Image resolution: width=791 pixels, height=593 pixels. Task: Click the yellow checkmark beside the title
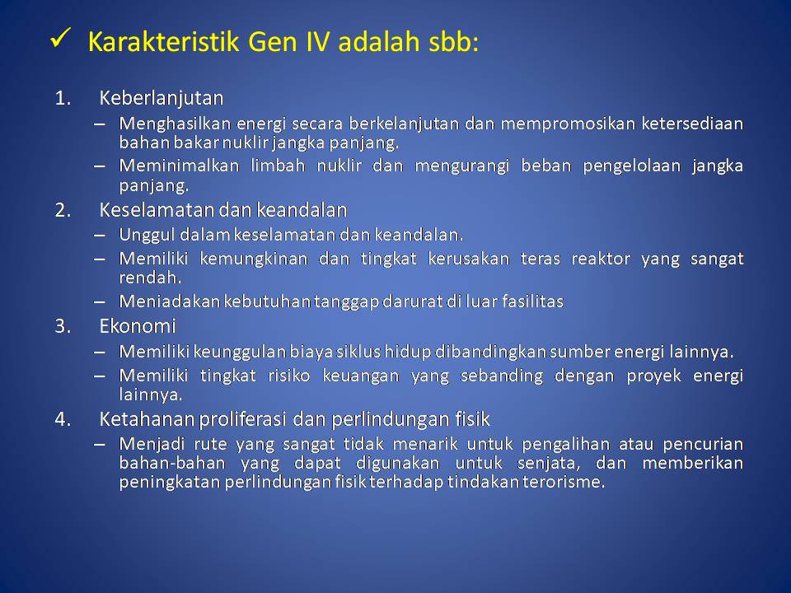[x=60, y=39]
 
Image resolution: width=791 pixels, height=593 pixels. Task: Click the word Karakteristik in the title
[x=163, y=41]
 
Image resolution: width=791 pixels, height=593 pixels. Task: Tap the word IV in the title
[x=317, y=41]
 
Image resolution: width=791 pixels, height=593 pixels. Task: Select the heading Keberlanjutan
[x=161, y=98]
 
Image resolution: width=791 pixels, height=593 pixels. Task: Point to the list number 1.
[x=62, y=98]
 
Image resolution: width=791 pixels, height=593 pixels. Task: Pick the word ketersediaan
[x=692, y=123]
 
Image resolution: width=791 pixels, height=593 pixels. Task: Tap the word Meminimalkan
[x=179, y=166]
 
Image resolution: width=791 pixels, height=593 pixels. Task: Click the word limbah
[x=278, y=166]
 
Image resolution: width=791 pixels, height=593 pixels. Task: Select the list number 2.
[x=63, y=210]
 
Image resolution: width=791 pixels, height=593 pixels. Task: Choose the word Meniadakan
[x=170, y=301]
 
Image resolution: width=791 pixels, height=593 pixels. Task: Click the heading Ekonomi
[x=138, y=326]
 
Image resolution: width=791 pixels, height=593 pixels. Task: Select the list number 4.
[x=63, y=419]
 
